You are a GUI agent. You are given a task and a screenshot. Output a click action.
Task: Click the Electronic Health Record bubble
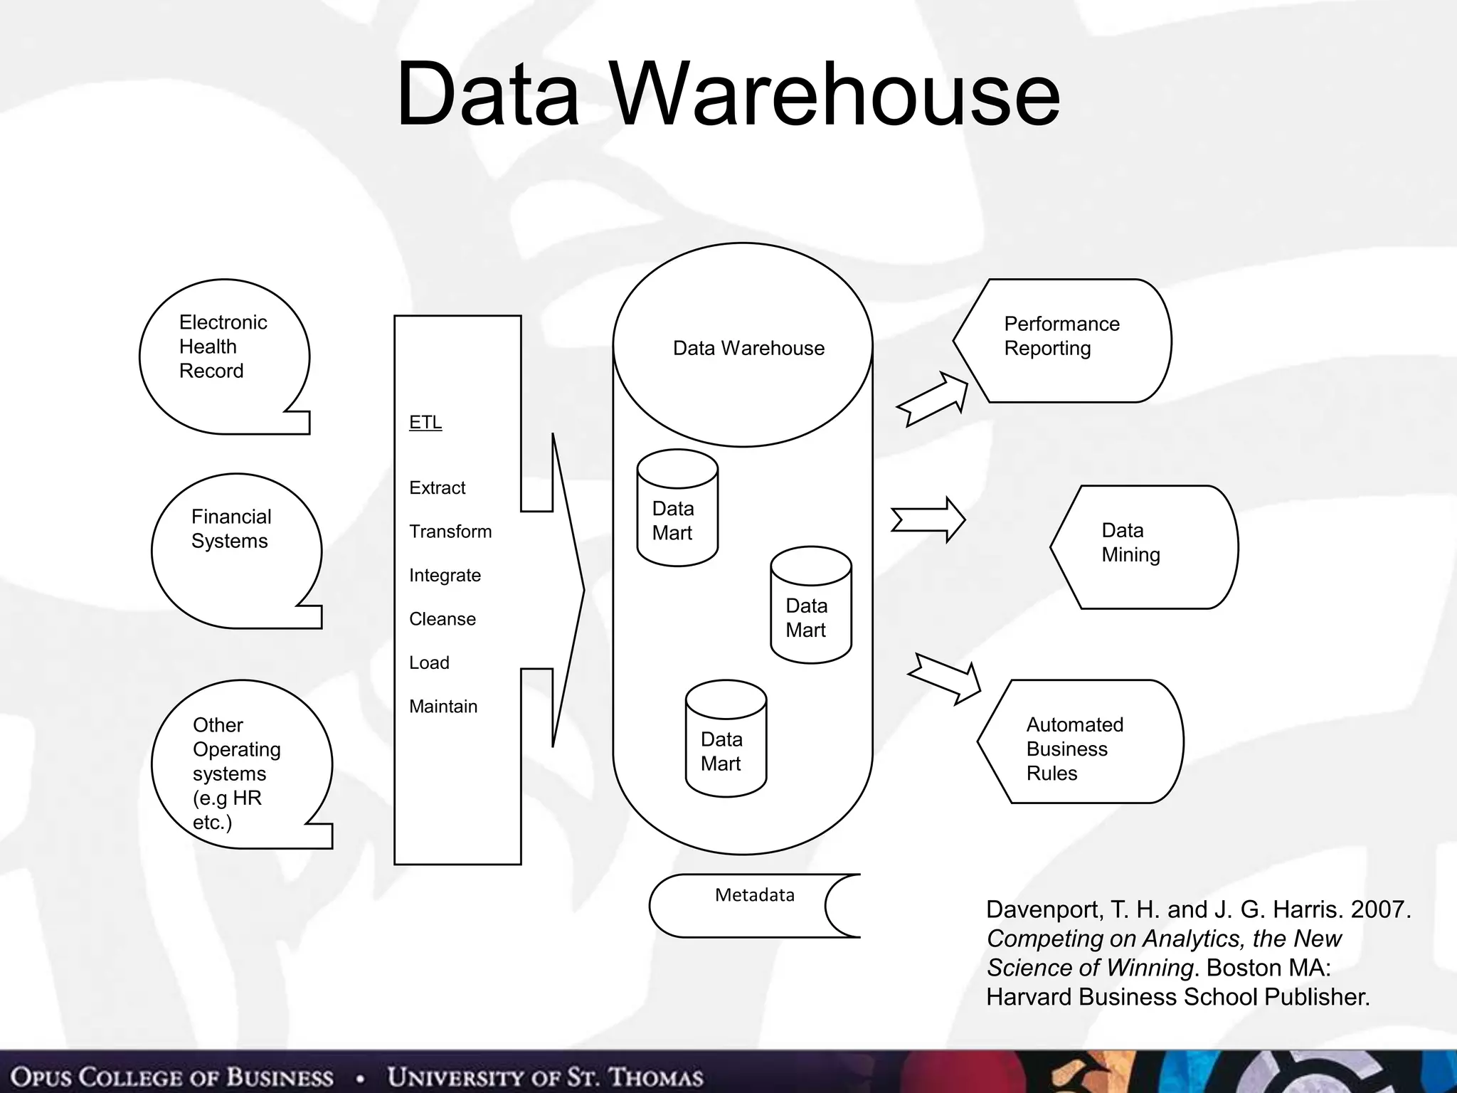224,356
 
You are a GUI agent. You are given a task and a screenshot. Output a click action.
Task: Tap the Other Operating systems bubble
240,765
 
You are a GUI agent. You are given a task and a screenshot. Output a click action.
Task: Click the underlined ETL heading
425,422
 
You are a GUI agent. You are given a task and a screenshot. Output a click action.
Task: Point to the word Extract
437,487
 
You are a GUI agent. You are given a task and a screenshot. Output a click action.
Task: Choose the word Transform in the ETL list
450,532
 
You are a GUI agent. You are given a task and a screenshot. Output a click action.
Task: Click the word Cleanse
442,619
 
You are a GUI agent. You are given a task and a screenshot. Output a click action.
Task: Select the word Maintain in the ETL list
443,707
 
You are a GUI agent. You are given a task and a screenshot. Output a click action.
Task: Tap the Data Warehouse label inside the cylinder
748,348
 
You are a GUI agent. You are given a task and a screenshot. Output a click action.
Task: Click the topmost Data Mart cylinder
677,509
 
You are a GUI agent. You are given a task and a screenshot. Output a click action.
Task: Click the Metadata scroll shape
754,905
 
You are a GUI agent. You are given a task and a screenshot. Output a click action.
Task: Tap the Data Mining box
1143,546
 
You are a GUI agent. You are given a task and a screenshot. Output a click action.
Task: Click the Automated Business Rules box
1080,741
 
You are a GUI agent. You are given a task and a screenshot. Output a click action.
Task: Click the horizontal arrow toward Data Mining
928,519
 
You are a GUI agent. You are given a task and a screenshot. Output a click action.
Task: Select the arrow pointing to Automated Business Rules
945,678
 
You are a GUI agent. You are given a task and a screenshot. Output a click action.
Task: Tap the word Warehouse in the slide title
836,94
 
